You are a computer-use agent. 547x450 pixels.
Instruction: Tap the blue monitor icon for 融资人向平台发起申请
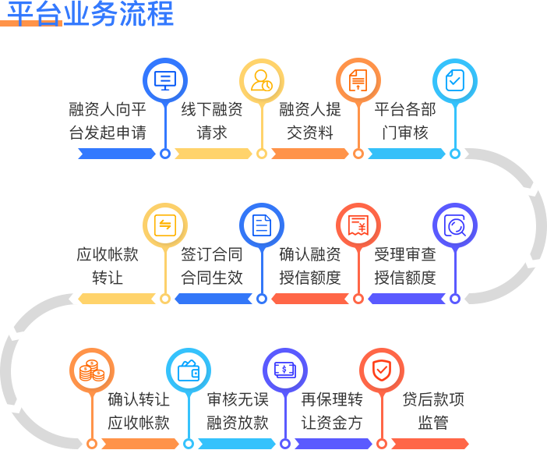click(x=165, y=80)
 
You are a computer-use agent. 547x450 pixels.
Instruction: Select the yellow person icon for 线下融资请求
click(x=262, y=80)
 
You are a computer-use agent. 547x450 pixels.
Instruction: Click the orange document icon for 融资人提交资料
click(x=358, y=80)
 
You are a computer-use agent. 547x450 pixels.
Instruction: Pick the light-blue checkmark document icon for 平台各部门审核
click(x=455, y=80)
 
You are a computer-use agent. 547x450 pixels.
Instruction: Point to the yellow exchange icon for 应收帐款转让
click(x=165, y=225)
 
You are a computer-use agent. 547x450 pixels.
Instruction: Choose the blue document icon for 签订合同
click(x=262, y=225)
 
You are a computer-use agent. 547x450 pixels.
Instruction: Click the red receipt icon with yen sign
click(x=358, y=225)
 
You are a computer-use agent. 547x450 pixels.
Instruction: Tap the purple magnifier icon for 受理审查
click(x=455, y=225)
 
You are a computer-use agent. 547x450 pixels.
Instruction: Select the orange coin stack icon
click(x=92, y=370)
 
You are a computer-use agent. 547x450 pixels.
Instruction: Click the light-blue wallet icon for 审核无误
click(x=189, y=370)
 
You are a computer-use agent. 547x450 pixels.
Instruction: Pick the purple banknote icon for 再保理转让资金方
click(x=285, y=370)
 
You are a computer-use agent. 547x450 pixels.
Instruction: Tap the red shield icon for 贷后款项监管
click(x=382, y=370)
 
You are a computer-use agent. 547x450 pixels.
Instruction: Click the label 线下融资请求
click(x=212, y=121)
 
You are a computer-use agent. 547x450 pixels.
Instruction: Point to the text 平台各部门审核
click(x=405, y=121)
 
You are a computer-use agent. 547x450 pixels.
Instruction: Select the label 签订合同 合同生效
click(x=212, y=266)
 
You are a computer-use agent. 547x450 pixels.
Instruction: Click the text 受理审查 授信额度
click(x=405, y=266)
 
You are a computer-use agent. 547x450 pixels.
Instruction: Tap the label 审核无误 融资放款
click(x=238, y=411)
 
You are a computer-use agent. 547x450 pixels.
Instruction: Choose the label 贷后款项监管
click(x=433, y=411)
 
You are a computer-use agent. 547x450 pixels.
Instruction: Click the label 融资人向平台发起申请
click(x=108, y=121)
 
